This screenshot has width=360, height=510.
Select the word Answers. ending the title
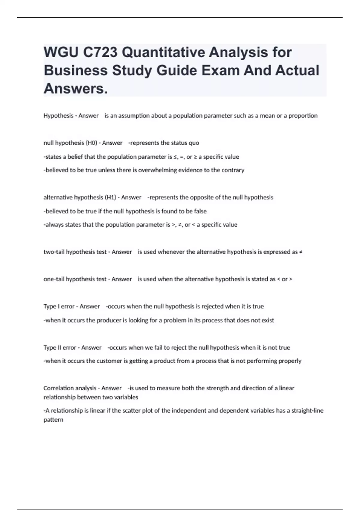click(76, 88)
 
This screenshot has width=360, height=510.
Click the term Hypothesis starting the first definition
click(58, 116)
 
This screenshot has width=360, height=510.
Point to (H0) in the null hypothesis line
click(91, 143)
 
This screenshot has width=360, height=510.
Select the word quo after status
click(194, 143)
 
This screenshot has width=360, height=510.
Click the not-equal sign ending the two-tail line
click(301, 252)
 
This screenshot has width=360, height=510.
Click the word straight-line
click(307, 411)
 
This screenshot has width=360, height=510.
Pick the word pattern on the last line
click(53, 420)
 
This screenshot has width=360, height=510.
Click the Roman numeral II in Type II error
click(59, 347)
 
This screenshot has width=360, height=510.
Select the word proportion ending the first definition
click(303, 116)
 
